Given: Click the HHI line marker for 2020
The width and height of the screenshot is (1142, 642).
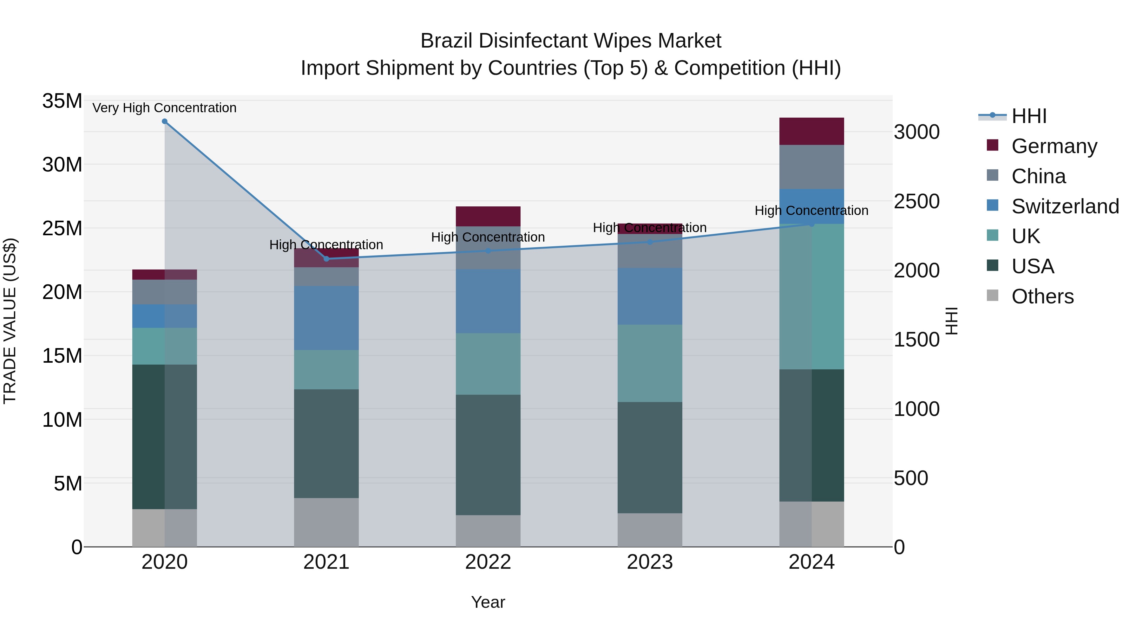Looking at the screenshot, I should click(164, 121).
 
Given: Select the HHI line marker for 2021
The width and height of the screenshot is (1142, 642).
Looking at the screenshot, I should click(326, 259).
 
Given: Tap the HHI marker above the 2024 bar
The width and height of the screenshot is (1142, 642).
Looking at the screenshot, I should click(812, 224).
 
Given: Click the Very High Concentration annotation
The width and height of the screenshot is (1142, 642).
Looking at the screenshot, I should click(164, 108).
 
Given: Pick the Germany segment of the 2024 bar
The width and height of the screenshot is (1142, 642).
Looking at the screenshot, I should click(812, 132).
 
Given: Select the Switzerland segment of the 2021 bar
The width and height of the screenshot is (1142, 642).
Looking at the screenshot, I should click(326, 318).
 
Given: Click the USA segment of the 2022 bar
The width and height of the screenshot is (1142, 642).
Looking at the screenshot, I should click(488, 455).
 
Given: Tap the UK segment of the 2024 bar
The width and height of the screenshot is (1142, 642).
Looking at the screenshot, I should click(812, 297).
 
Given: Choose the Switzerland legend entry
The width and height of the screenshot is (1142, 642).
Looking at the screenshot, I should click(1065, 206).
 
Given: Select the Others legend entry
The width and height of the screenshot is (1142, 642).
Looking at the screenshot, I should click(1042, 296).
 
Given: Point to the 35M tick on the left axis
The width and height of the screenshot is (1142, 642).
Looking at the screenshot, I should click(62, 101).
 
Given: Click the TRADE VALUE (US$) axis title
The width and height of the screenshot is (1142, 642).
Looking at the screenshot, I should click(10, 321).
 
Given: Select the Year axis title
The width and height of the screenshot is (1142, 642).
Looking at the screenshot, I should click(488, 602).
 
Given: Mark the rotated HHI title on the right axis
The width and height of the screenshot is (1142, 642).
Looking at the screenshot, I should click(952, 321).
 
